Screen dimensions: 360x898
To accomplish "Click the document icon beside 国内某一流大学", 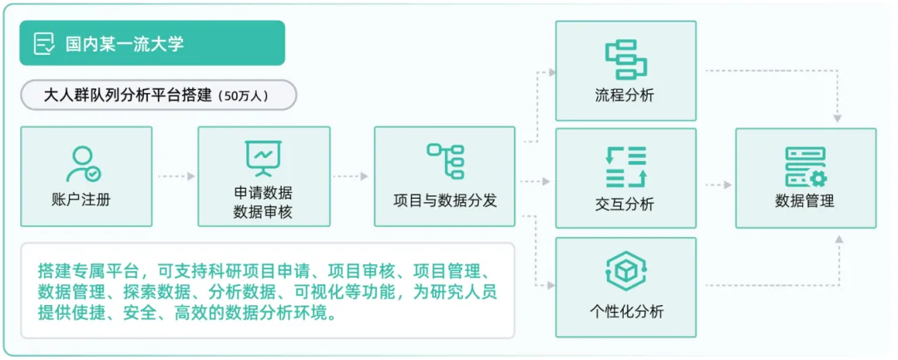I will [44, 43].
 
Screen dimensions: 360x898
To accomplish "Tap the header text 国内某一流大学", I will [125, 44].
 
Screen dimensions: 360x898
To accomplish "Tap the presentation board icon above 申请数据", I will [264, 158].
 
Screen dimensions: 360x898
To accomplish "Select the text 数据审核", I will [264, 212].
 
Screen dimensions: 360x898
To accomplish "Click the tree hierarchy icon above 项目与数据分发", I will [445, 160].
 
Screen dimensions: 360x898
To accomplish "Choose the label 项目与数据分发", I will [445, 200].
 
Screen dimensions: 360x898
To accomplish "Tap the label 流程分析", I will [625, 95].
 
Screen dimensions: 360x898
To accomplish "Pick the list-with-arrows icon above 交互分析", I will [625, 166].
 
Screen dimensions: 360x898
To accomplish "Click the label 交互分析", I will [625, 204].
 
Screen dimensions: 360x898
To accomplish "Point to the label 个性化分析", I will [625, 313].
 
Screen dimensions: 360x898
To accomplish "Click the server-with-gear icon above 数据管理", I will [805, 166].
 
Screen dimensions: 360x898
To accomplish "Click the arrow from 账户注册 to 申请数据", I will [175, 176].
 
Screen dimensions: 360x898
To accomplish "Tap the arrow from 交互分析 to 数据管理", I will [716, 185].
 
